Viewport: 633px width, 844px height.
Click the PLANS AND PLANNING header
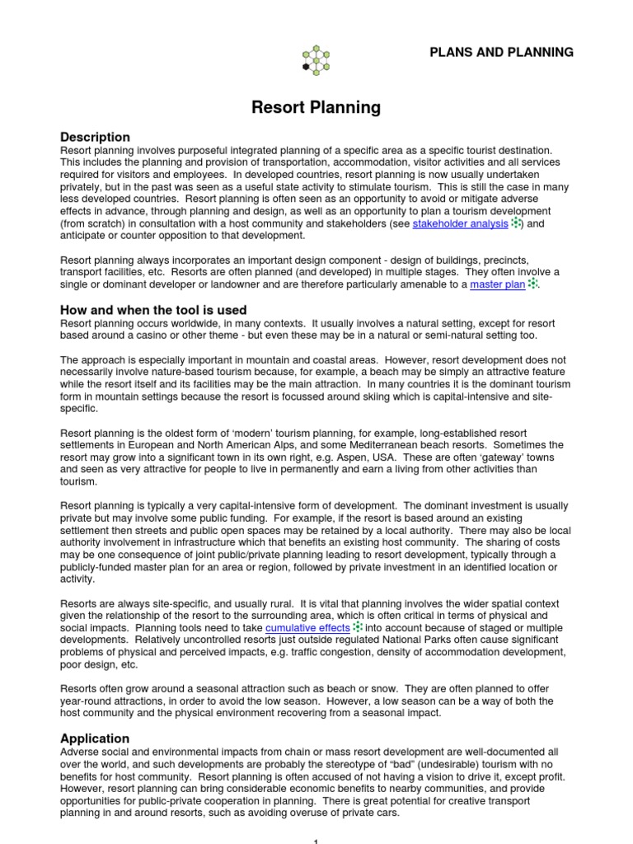pyautogui.click(x=501, y=52)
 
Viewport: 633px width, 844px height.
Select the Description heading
pyautogui.click(x=95, y=137)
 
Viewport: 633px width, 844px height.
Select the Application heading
pyautogui.click(x=95, y=738)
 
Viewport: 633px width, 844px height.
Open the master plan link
pyautogui.click(x=498, y=284)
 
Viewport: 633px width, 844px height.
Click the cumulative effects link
pyautogui.click(x=308, y=627)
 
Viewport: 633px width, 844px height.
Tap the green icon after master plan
pyautogui.click(x=532, y=284)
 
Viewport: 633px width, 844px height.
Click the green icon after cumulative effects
pyautogui.click(x=358, y=627)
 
